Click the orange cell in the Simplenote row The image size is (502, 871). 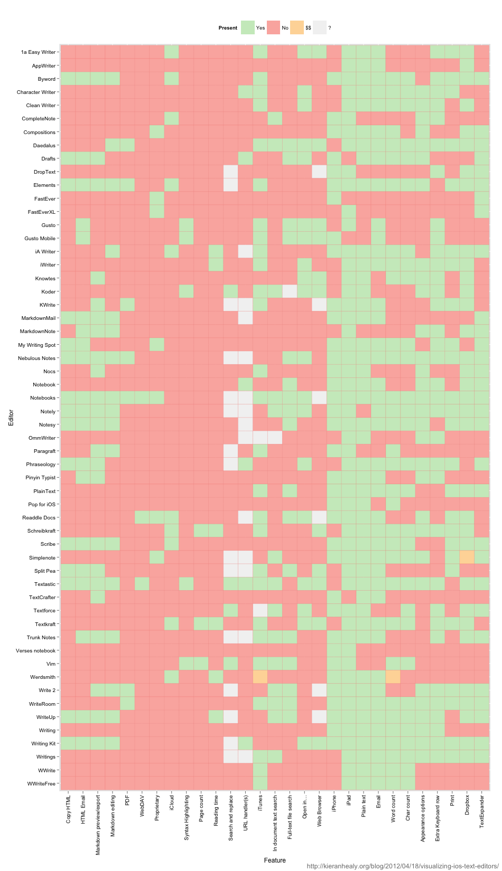click(467, 557)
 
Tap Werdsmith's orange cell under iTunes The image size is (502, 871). click(260, 677)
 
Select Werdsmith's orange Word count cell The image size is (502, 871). click(393, 677)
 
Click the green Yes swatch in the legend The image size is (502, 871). click(247, 28)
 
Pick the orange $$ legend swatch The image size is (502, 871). click(297, 28)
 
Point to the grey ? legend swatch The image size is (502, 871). click(319, 28)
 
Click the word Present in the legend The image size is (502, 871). click(228, 28)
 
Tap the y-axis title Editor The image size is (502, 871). click(11, 418)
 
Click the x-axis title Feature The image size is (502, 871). click(275, 860)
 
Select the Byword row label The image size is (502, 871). click(47, 79)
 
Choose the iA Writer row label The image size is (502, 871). click(45, 252)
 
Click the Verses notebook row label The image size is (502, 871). click(35, 650)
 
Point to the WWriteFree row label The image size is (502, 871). click(41, 783)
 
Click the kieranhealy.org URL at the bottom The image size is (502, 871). click(403, 866)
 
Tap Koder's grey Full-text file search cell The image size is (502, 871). click(289, 291)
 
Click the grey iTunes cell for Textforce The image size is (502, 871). click(260, 610)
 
